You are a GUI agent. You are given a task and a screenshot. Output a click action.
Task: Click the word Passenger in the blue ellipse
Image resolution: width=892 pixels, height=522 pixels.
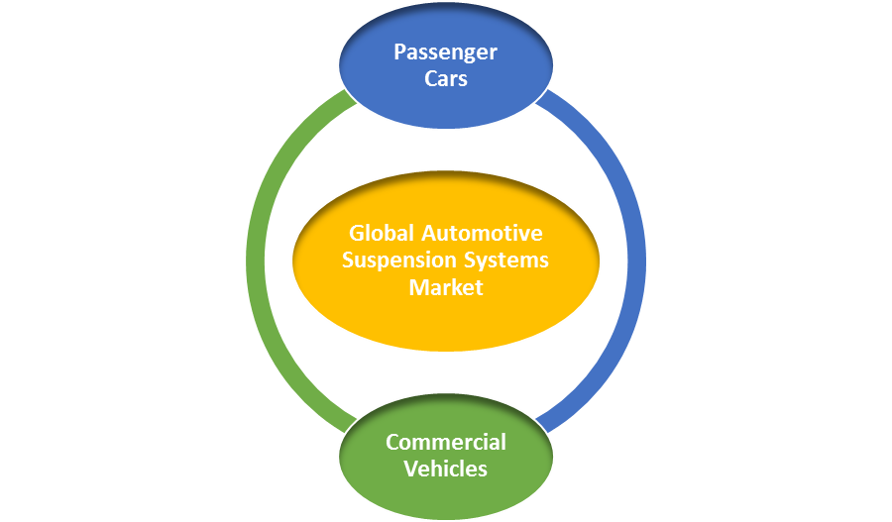(x=445, y=52)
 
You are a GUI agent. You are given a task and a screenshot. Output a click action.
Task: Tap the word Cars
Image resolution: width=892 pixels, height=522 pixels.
(x=445, y=77)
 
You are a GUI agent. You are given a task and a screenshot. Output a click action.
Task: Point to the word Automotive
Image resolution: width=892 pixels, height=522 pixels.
(x=482, y=234)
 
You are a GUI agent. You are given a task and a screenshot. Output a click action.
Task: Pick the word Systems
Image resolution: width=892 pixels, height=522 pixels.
(x=505, y=261)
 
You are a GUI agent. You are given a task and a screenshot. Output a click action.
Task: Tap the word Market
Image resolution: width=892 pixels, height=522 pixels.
(x=446, y=287)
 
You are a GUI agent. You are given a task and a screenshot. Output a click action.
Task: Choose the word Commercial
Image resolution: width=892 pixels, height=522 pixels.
(x=446, y=442)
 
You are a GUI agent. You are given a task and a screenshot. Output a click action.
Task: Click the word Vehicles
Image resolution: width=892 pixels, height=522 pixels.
(x=446, y=468)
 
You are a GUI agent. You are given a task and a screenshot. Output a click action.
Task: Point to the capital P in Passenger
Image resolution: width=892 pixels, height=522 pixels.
(x=399, y=52)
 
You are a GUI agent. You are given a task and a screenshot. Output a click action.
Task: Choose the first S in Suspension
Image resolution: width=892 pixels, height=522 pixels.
(x=348, y=261)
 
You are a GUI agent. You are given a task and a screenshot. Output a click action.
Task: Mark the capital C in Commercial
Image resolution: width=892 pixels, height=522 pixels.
(x=392, y=442)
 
